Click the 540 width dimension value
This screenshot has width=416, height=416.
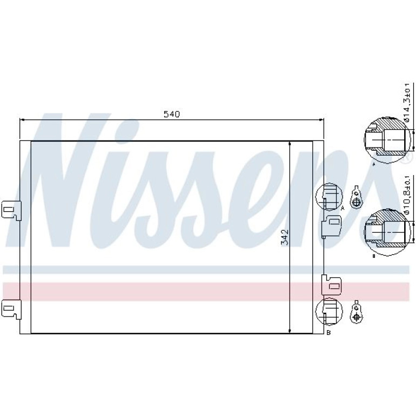click(x=172, y=114)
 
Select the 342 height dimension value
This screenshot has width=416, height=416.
click(x=285, y=237)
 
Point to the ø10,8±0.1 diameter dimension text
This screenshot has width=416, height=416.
click(x=407, y=195)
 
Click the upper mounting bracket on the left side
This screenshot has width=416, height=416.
click(x=11, y=210)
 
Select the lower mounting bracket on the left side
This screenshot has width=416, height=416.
click(x=11, y=309)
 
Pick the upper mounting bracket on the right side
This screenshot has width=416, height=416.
click(x=331, y=225)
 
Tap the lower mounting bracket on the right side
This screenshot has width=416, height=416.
click(x=331, y=285)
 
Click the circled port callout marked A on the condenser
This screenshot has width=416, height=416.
click(x=329, y=197)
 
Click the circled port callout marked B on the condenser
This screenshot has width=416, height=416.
click(x=329, y=311)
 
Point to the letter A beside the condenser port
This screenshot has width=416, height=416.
click(x=343, y=208)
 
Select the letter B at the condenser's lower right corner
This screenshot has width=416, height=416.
click(x=328, y=333)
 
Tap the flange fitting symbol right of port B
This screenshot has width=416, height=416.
click(x=356, y=312)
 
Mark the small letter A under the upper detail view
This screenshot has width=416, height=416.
click(x=374, y=165)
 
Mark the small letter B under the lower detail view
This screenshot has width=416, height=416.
click(x=374, y=256)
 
